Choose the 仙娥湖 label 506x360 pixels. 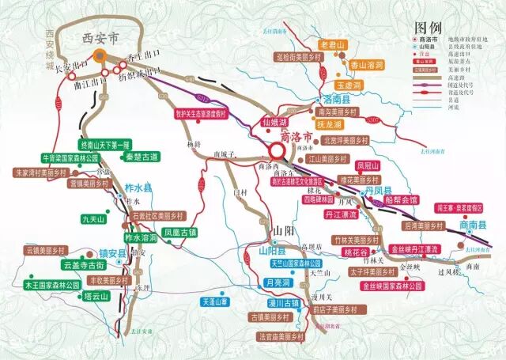pyautogui.click(x=271, y=123)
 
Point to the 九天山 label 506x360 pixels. pyautogui.click(x=93, y=218)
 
